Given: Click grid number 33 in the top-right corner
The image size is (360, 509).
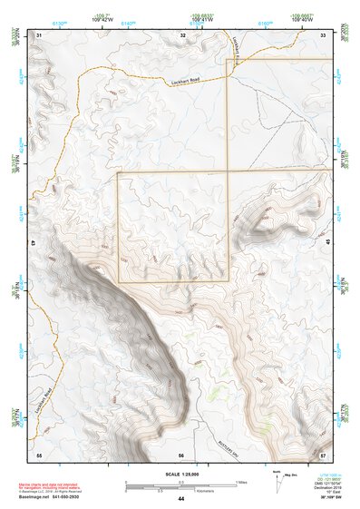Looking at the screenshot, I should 324,34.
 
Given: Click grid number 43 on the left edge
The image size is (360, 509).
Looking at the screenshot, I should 34,243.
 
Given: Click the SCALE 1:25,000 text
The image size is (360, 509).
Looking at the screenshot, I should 181,474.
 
